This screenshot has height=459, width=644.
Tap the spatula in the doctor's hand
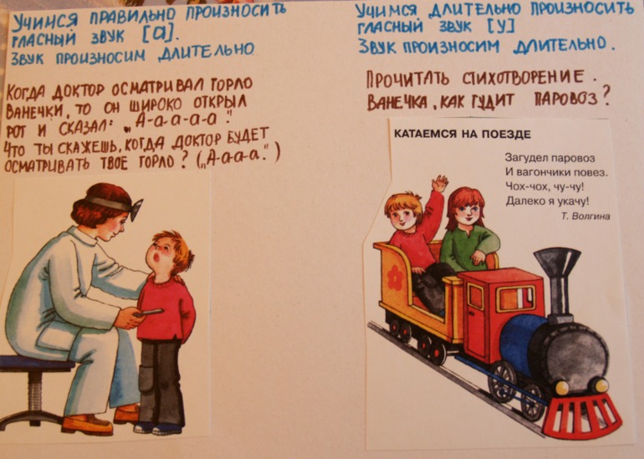[x=148, y=313]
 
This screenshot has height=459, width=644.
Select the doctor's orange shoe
[x=86, y=424]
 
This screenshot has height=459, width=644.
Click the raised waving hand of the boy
[x=438, y=184]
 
